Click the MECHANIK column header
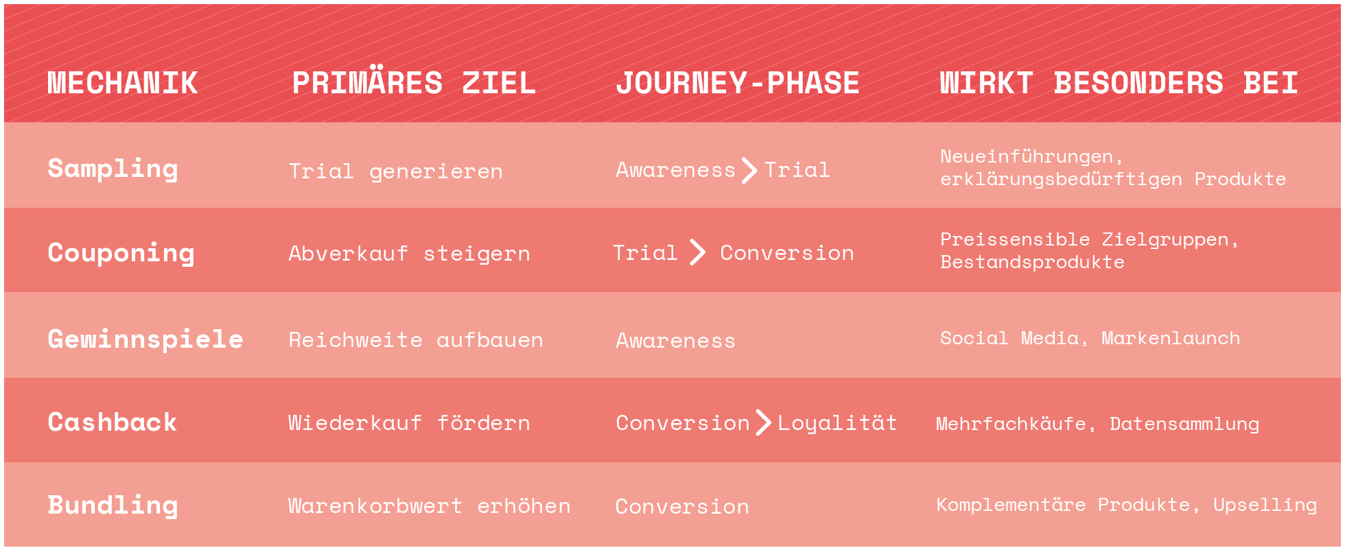pyautogui.click(x=123, y=84)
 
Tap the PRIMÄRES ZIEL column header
pyautogui.click(x=414, y=82)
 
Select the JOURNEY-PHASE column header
pyautogui.click(x=738, y=84)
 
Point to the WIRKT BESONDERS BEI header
pyautogui.click(x=1119, y=84)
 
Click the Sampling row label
pyautogui.click(x=113, y=169)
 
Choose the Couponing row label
pyautogui.click(x=121, y=254)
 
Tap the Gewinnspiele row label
pyautogui.click(x=145, y=339)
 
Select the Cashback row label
pyautogui.click(x=113, y=422)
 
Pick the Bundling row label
pyautogui.click(x=113, y=506)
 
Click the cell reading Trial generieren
pyautogui.click(x=396, y=171)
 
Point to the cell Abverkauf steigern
pyautogui.click(x=410, y=254)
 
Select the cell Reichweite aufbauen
pyautogui.click(x=416, y=340)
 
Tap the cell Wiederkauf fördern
pyautogui.click(x=410, y=423)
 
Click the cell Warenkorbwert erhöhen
pyautogui.click(x=430, y=506)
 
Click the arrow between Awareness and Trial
pyautogui.click(x=749, y=170)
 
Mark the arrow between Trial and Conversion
pyautogui.click(x=698, y=252)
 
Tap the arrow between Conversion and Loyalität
pyautogui.click(x=764, y=422)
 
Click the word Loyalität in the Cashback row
pyautogui.click(x=837, y=424)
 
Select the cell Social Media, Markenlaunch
pyautogui.click(x=1090, y=338)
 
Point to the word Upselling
pyautogui.click(x=1265, y=505)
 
